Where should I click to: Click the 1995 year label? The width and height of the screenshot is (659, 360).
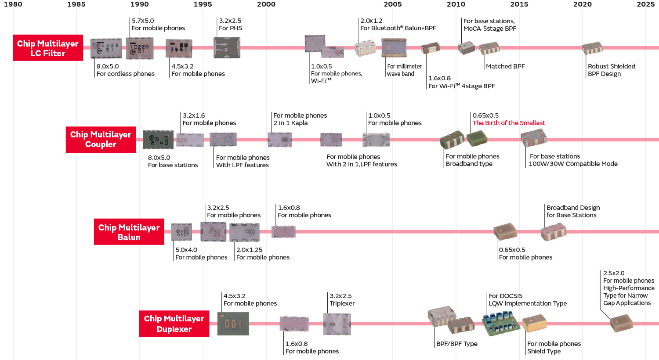(203, 4)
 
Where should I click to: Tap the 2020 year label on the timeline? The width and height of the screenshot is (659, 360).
(582, 4)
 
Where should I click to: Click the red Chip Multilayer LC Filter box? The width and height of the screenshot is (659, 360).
(48, 48)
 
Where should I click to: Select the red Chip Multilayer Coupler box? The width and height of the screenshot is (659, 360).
(101, 140)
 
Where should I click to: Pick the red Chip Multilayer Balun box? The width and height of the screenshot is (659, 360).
(129, 232)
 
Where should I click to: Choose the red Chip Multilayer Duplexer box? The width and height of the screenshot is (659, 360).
(174, 324)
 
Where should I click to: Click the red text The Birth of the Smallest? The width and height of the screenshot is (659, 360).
(508, 123)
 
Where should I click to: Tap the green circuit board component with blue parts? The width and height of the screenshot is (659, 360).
(501, 323)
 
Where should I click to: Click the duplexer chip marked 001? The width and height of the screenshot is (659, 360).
(233, 324)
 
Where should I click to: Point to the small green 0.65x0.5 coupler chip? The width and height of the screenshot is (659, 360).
(477, 138)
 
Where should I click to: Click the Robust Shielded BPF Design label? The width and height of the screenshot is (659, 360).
(611, 70)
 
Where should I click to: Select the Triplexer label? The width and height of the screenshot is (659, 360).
(342, 303)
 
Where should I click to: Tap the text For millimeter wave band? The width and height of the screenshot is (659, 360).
(404, 70)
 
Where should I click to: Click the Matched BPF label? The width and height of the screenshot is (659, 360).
(505, 66)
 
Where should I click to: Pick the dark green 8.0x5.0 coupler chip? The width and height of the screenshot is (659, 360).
(158, 140)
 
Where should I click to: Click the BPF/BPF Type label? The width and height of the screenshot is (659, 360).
(456, 344)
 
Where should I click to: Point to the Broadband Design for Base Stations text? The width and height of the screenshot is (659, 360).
(572, 211)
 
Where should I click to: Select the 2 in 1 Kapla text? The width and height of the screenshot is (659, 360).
(290, 123)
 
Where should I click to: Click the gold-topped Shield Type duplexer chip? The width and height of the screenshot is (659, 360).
(534, 323)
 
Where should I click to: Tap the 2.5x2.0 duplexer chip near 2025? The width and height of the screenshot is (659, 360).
(621, 323)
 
